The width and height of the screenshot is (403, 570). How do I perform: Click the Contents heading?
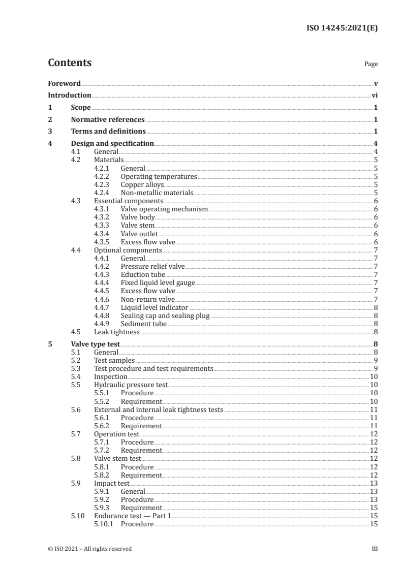coord(70,64)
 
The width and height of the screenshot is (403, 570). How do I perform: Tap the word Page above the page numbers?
coord(371,65)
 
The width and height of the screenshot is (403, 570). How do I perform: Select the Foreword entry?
coord(64,83)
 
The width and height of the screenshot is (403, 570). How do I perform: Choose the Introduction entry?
coord(69,95)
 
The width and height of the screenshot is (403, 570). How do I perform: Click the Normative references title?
coord(108,120)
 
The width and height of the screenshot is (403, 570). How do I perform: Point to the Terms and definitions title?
coord(105,132)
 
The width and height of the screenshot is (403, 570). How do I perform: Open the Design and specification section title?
coord(112,144)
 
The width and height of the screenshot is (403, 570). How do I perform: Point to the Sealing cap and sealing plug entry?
coord(165,315)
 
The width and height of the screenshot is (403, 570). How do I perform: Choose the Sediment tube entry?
coord(143,324)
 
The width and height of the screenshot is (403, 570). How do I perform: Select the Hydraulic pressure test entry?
coord(131,385)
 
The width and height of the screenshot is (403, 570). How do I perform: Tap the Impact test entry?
coord(112,483)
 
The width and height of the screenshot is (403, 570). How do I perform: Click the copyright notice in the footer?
coord(90,549)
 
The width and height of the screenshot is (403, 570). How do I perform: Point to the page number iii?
coord(375,549)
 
